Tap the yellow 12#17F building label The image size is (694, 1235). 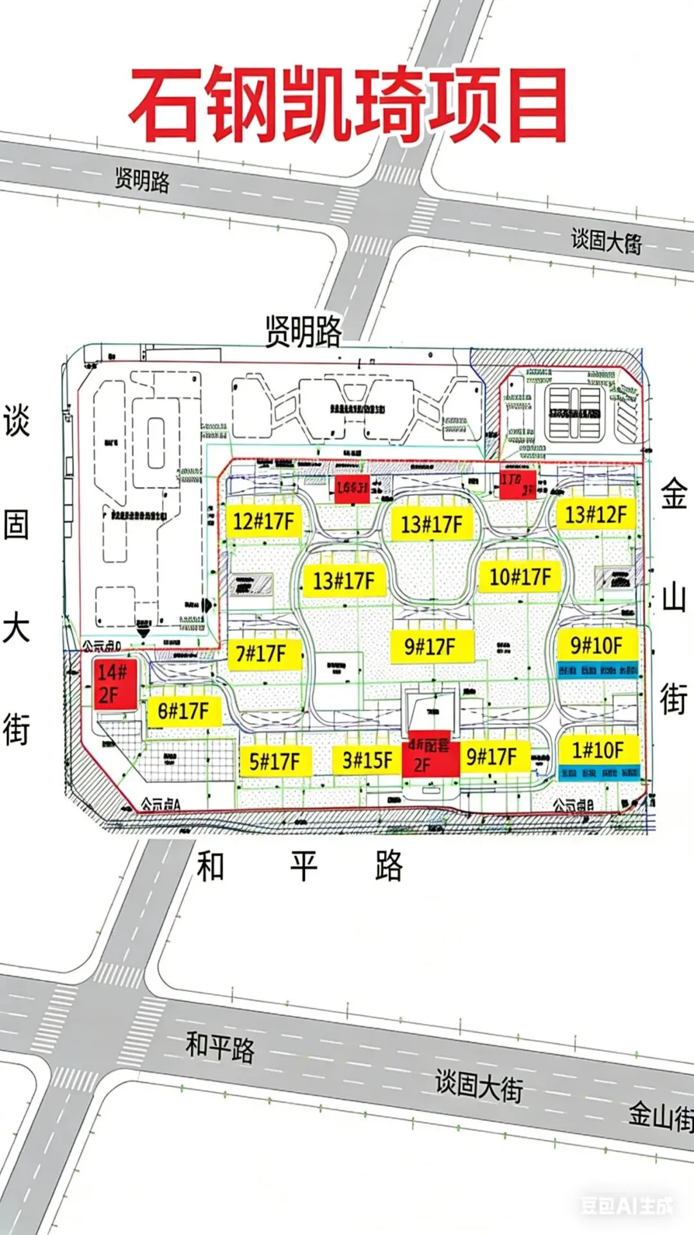click(263, 521)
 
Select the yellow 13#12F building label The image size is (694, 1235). click(595, 515)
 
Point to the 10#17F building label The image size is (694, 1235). click(520, 576)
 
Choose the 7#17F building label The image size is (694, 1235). click(261, 654)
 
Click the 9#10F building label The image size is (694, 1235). click(596, 645)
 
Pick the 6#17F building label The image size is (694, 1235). click(184, 711)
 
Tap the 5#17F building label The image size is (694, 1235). click(274, 762)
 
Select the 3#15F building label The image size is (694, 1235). click(367, 760)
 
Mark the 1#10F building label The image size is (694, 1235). click(598, 750)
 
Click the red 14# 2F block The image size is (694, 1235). click(114, 684)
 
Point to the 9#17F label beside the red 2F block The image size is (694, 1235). click(492, 757)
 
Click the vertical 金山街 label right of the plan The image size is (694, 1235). click(674, 598)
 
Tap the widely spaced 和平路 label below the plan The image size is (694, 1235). click(300, 866)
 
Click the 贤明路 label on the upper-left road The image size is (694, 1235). click(143, 179)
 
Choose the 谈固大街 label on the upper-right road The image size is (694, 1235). click(606, 242)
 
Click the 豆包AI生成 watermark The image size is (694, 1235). click(627, 1205)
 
